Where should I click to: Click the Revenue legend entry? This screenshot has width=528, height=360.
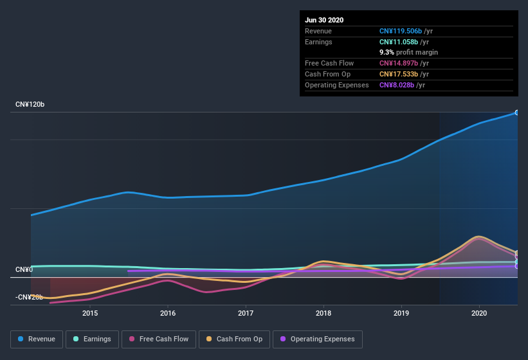coord(37,339)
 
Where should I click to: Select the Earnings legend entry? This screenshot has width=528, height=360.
coord(91,339)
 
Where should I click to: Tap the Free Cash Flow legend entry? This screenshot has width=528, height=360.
coord(158,339)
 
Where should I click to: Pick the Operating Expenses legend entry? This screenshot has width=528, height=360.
coord(318,339)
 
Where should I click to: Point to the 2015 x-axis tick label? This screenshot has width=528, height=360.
coord(90,313)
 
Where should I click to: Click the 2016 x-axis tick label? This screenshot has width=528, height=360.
coord(168,313)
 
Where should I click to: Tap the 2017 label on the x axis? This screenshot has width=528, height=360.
coord(246,313)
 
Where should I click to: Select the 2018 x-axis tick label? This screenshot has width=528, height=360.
coord(323,313)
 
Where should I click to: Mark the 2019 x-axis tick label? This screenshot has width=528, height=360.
coord(401,313)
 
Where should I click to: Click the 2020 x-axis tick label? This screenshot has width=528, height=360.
coord(479,313)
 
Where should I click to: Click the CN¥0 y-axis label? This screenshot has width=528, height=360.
coord(24,269)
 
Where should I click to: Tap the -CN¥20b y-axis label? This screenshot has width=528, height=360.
coord(29,297)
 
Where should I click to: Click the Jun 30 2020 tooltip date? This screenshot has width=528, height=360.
coord(324,20)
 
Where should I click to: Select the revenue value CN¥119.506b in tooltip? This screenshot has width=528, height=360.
coord(400,31)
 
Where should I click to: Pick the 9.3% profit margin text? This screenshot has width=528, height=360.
coord(408,52)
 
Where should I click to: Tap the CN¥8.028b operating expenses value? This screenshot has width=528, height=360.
coord(396,85)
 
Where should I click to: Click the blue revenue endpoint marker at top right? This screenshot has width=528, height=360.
coord(517,113)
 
